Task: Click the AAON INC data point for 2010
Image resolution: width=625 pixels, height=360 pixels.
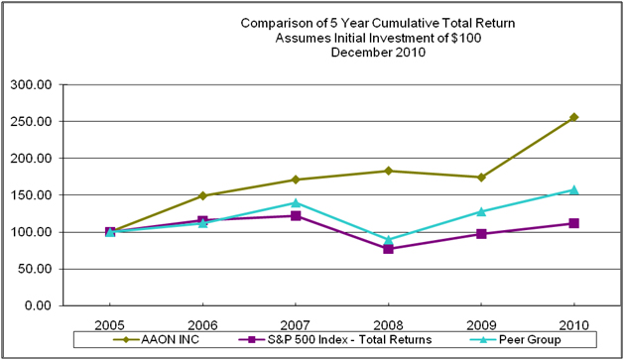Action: pyautogui.click(x=574, y=117)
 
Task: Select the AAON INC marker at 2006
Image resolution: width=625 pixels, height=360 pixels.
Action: pyautogui.click(x=202, y=195)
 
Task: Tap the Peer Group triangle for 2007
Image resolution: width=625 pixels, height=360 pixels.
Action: pyautogui.click(x=296, y=202)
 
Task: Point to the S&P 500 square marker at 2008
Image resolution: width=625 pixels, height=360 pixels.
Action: pyautogui.click(x=389, y=249)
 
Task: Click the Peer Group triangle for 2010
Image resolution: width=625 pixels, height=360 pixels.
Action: pyautogui.click(x=574, y=189)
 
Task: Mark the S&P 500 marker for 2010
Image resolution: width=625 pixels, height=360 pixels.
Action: pyautogui.click(x=574, y=223)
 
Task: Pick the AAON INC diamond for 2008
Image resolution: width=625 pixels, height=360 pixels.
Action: pyautogui.click(x=389, y=171)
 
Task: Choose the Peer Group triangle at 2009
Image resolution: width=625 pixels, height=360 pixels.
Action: pyautogui.click(x=481, y=211)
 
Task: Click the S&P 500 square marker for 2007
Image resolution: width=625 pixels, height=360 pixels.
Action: pyautogui.click(x=296, y=215)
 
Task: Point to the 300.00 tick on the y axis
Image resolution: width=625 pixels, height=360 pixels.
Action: pyautogui.click(x=31, y=84)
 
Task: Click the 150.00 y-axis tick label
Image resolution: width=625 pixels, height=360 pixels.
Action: pyautogui.click(x=31, y=195)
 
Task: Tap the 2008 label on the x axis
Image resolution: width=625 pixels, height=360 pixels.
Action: pyautogui.click(x=389, y=323)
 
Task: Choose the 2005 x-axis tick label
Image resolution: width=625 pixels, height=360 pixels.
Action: pyautogui.click(x=109, y=323)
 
